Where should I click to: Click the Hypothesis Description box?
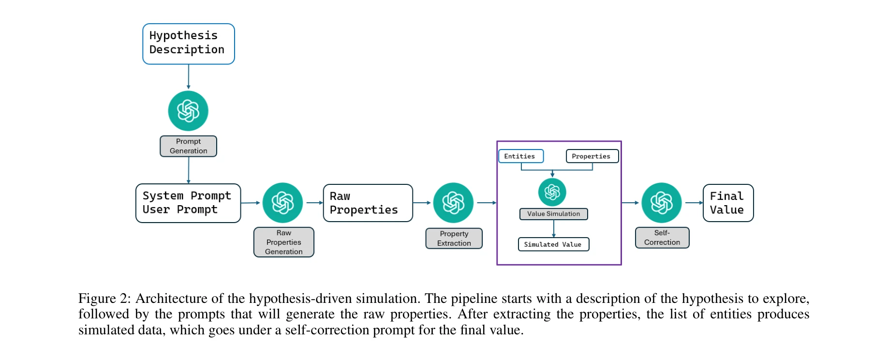[x=188, y=44]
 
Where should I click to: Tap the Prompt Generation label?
[x=188, y=146]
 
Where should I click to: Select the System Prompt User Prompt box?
[x=188, y=203]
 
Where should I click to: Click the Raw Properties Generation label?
[x=284, y=242]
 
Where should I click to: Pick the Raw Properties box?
[x=368, y=203]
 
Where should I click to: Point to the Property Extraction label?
[x=454, y=239]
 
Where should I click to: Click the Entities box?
[x=520, y=156]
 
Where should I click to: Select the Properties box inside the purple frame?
[x=592, y=156]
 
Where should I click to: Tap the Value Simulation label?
[x=553, y=214]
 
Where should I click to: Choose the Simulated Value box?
[x=553, y=244]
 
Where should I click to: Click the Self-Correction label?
[x=662, y=238]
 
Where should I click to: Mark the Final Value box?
[x=727, y=203]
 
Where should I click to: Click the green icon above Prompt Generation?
[x=188, y=111]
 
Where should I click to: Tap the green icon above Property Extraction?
[x=453, y=203]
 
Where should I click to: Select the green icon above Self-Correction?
[x=661, y=203]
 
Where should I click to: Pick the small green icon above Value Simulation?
[x=552, y=192]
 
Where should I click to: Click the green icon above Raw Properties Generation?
[x=282, y=203]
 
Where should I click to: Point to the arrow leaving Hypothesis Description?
[x=188, y=77]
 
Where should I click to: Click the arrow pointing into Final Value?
[x=694, y=203]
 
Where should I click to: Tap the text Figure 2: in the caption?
[x=104, y=299]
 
